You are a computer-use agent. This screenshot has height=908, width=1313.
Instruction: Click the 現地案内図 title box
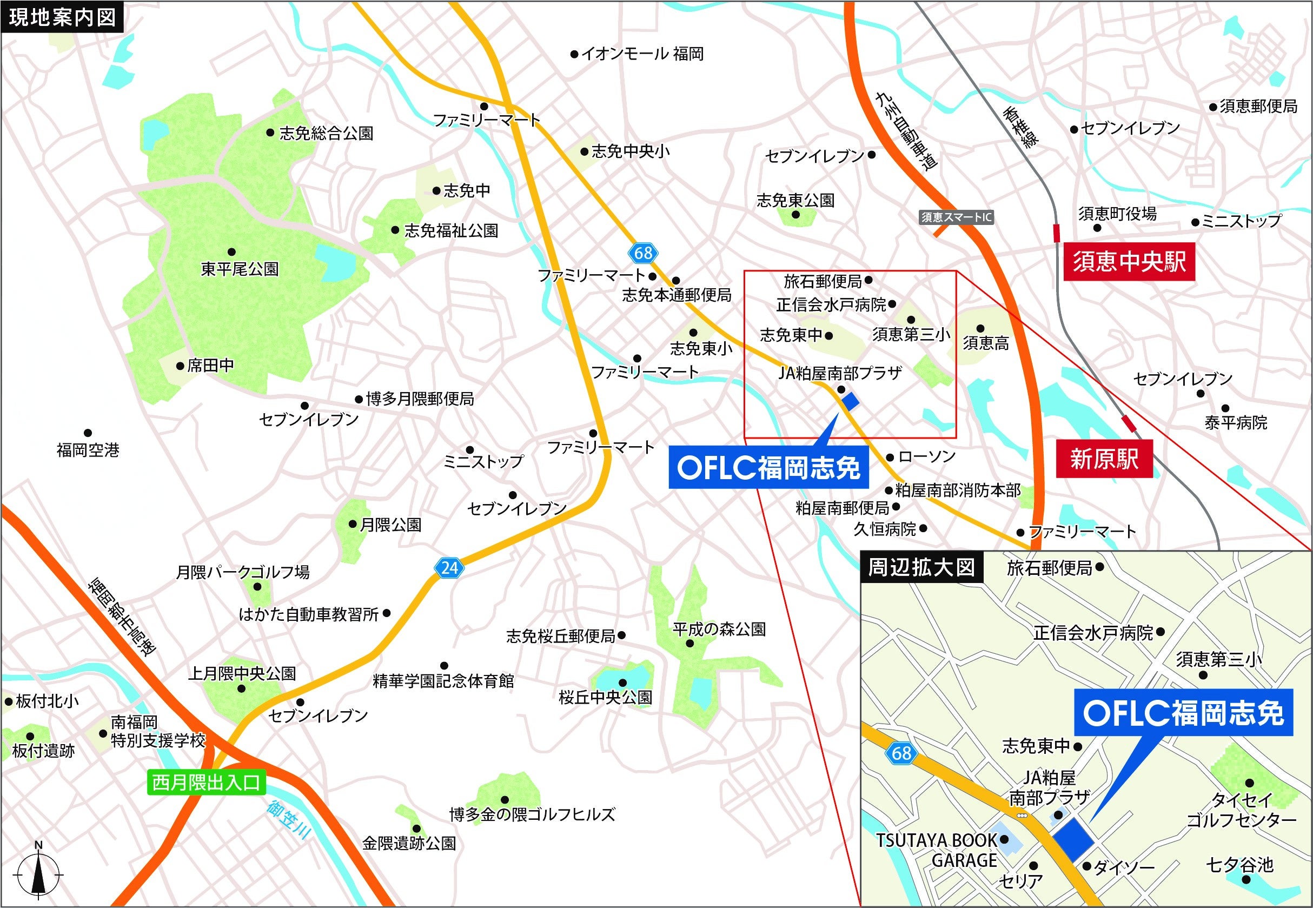click(62, 17)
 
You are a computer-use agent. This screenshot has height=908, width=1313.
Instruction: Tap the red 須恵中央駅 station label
click(1129, 262)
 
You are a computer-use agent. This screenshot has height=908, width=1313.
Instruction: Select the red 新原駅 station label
click(1104, 459)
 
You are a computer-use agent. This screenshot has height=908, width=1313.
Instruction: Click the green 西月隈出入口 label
click(206, 783)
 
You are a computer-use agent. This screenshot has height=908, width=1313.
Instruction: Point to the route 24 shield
click(449, 568)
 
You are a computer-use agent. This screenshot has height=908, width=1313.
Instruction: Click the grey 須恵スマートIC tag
click(956, 217)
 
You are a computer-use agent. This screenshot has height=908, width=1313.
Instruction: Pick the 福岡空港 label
click(88, 450)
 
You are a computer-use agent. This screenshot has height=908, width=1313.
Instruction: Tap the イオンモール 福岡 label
click(642, 54)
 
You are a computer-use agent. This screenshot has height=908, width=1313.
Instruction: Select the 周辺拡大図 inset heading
click(921, 567)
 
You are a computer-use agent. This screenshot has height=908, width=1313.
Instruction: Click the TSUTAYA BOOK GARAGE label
click(937, 850)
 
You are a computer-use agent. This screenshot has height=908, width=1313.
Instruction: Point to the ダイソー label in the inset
click(1124, 867)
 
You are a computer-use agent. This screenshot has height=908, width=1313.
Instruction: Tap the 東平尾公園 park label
click(240, 269)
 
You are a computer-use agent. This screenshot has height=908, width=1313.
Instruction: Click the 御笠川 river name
click(291, 820)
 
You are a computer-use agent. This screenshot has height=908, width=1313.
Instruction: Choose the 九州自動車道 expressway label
click(906, 132)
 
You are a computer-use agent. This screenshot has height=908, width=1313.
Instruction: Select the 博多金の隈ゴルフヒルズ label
click(532, 814)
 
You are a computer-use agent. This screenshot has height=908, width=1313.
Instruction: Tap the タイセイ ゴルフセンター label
click(1241, 810)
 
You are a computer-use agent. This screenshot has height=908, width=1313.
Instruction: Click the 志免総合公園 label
click(326, 133)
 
